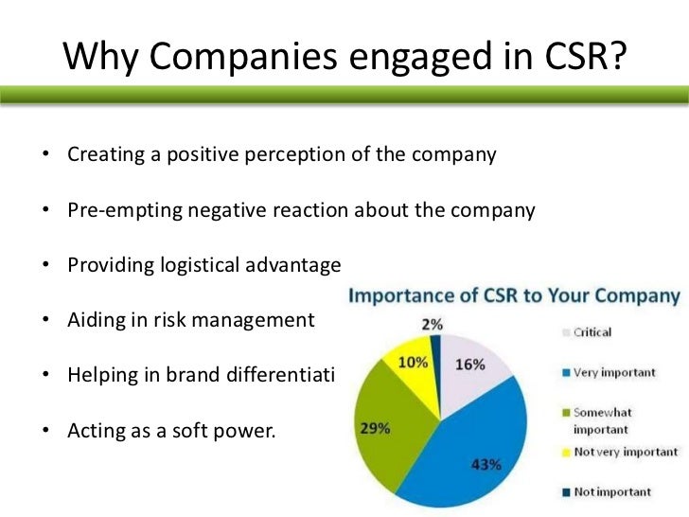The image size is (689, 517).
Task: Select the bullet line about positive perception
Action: (281, 154)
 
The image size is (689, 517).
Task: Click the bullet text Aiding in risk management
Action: (189, 321)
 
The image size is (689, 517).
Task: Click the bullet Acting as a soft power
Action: (170, 431)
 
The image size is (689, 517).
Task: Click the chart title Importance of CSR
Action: (515, 296)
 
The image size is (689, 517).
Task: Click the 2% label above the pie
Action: (433, 324)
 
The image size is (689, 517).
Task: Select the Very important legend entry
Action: (613, 372)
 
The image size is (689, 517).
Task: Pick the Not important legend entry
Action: (611, 491)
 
